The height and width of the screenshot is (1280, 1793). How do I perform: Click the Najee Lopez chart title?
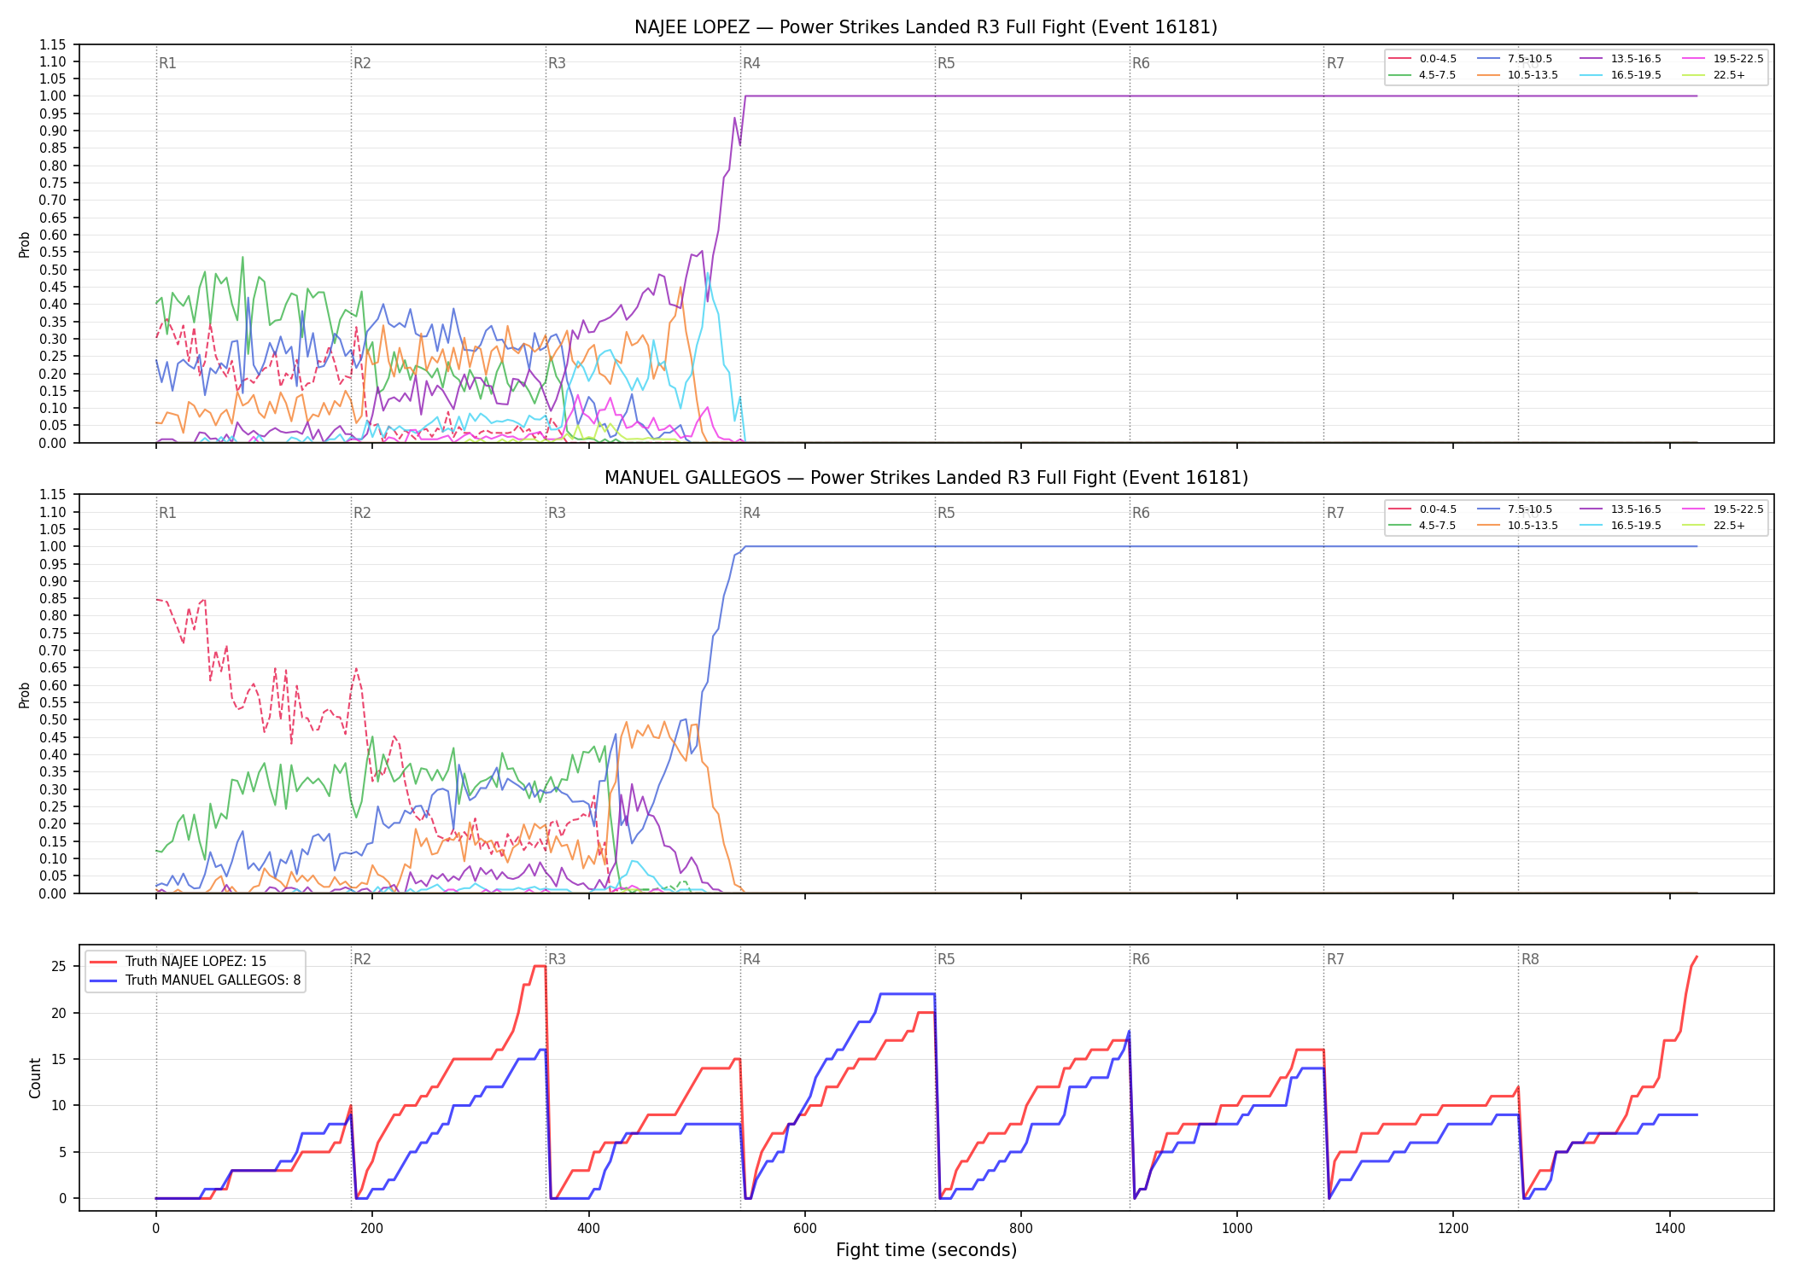926,27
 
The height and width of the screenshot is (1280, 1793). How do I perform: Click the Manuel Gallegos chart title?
926,478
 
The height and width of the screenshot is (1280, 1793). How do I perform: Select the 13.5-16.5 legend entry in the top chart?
1620,59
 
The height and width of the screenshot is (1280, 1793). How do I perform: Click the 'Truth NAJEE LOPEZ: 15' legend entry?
178,962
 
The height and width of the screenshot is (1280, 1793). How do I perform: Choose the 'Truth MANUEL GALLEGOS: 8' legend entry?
195,980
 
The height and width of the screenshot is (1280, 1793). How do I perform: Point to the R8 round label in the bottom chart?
1530,959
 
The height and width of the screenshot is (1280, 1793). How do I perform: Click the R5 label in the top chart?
946,63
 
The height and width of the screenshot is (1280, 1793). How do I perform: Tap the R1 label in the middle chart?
167,513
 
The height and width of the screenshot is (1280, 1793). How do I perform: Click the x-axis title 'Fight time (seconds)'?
926,1250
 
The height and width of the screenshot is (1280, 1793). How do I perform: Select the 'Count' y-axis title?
35,1078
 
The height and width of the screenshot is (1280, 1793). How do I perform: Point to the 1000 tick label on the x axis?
1237,1228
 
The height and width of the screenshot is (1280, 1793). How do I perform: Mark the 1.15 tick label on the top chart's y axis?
53,44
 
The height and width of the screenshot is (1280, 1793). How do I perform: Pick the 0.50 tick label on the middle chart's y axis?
53,719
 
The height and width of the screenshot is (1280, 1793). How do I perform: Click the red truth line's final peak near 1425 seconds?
1697,957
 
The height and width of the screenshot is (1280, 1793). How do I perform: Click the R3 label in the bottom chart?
557,959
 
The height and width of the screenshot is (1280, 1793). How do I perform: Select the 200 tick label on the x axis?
371,1228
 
